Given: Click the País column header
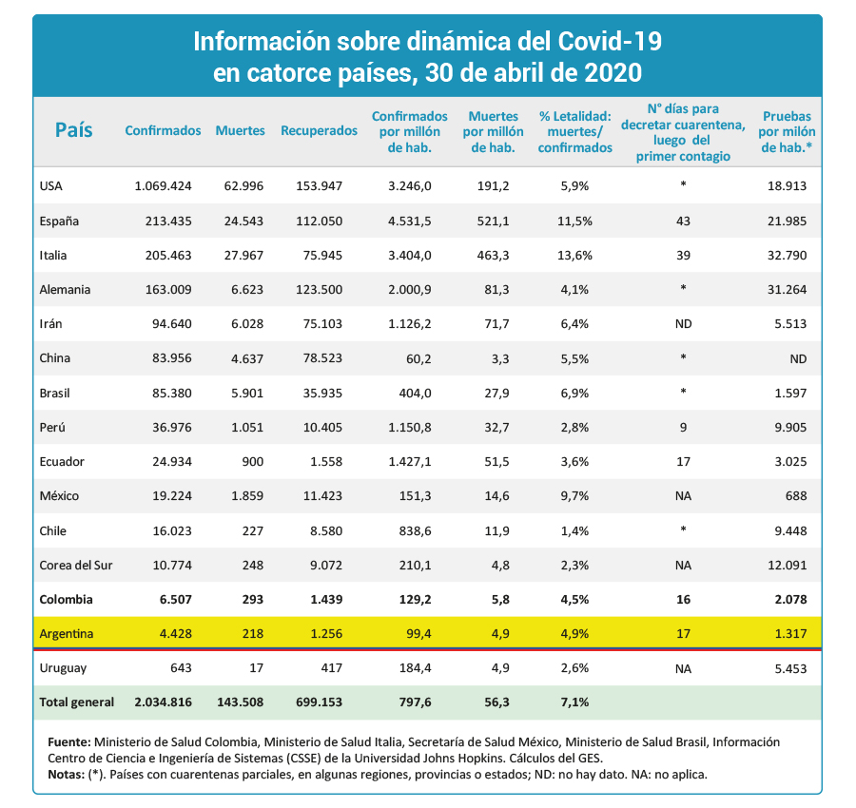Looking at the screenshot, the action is point(73,130).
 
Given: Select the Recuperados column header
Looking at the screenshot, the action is point(319,131).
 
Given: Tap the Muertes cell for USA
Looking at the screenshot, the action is point(243,186).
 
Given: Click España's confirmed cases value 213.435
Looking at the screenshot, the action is point(168,221).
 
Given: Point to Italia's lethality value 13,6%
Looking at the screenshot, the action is point(574,256).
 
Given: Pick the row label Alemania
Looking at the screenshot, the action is point(65,290).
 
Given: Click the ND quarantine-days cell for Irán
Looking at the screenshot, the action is point(683,324).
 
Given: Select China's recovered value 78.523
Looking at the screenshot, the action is point(322,358).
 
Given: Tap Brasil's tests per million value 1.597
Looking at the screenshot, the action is point(790,393).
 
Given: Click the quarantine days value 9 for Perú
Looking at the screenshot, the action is point(683,427).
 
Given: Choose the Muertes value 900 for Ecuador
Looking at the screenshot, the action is point(253,462).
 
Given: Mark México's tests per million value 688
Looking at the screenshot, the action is point(796,496).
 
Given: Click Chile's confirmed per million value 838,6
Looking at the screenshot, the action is point(415,530).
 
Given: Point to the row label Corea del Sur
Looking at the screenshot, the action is point(76,566).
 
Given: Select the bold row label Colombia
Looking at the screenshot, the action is point(66,600).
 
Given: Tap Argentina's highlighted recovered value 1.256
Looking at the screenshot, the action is point(326,634).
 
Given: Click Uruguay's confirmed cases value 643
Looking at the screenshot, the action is point(182,668).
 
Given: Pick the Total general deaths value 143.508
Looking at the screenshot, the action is point(241,702).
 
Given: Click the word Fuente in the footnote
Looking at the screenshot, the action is point(69,742).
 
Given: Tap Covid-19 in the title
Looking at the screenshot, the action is point(610,42).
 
